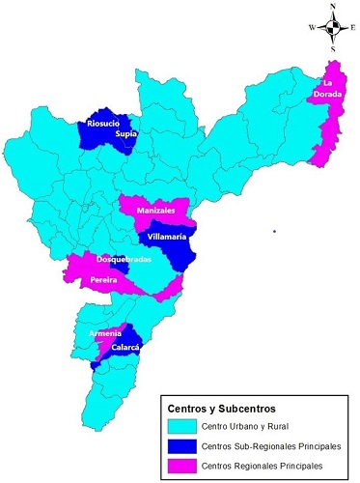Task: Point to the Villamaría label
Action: coord(168,236)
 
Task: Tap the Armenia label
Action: coord(105,333)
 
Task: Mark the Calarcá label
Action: coord(126,348)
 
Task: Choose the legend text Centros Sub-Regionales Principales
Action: coord(274,445)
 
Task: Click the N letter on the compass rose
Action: coord(333,6)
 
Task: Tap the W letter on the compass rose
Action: coord(312,28)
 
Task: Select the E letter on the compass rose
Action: coord(353,28)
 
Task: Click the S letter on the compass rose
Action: coord(333,48)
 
